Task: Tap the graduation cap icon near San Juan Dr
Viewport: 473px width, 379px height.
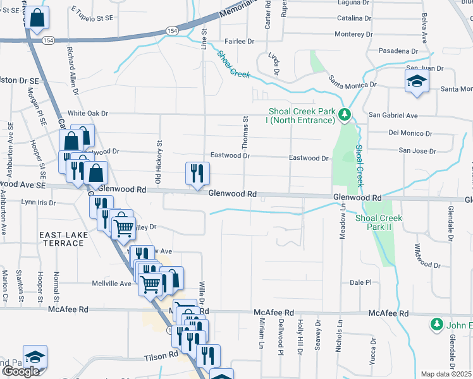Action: click(x=417, y=81)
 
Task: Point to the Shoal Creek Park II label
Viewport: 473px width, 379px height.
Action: click(x=379, y=222)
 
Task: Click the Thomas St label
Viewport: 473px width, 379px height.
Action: click(x=245, y=132)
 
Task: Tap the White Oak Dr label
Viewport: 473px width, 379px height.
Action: click(x=89, y=113)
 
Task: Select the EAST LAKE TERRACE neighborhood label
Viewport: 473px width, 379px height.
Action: click(x=63, y=239)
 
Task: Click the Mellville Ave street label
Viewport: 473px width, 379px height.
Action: click(x=111, y=283)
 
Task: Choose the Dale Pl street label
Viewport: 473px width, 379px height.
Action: click(x=359, y=282)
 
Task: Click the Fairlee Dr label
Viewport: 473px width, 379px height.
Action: click(x=239, y=41)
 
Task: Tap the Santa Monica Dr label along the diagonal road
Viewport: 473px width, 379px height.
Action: click(x=352, y=81)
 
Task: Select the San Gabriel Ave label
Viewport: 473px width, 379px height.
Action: click(x=393, y=116)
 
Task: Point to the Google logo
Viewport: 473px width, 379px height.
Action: click(x=21, y=372)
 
